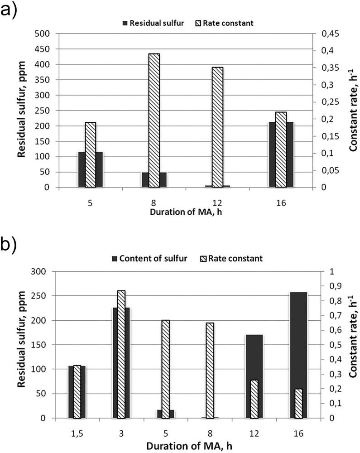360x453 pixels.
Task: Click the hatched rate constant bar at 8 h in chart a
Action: click(154, 120)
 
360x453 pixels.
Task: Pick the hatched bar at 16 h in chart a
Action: click(281, 149)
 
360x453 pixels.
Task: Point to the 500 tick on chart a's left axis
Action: click(45, 34)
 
